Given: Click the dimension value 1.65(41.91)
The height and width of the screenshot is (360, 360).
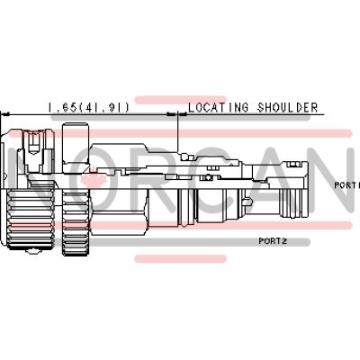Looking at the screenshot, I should click(88, 107).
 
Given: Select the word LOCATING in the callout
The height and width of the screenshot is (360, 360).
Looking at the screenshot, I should click(216, 107).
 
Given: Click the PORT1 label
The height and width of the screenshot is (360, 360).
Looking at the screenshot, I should click(346, 184).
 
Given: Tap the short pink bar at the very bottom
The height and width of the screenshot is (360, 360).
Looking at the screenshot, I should click(180, 259).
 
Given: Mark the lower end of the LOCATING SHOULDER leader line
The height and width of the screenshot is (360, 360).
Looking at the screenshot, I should click(179, 153).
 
